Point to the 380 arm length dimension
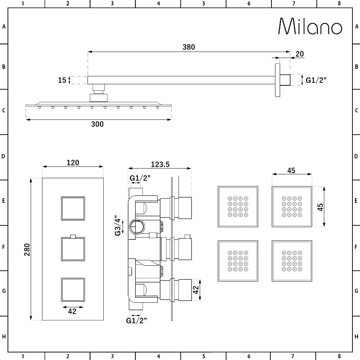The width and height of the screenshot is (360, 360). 188,47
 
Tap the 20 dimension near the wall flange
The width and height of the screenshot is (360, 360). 299,54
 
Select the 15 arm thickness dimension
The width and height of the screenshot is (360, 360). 62,80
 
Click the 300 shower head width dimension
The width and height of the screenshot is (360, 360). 97,124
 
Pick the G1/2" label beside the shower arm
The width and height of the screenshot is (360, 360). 316,80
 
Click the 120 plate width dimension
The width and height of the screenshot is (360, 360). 73,163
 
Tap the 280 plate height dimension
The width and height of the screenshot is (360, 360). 27,249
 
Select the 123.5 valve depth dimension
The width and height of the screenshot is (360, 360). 159,165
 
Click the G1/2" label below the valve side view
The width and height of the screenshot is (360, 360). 136,320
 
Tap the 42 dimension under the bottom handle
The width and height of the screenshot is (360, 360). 72,311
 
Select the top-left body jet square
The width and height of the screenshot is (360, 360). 238,207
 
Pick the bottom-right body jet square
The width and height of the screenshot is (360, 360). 292,261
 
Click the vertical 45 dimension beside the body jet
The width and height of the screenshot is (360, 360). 320,207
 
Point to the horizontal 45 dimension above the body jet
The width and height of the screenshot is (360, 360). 291,171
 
